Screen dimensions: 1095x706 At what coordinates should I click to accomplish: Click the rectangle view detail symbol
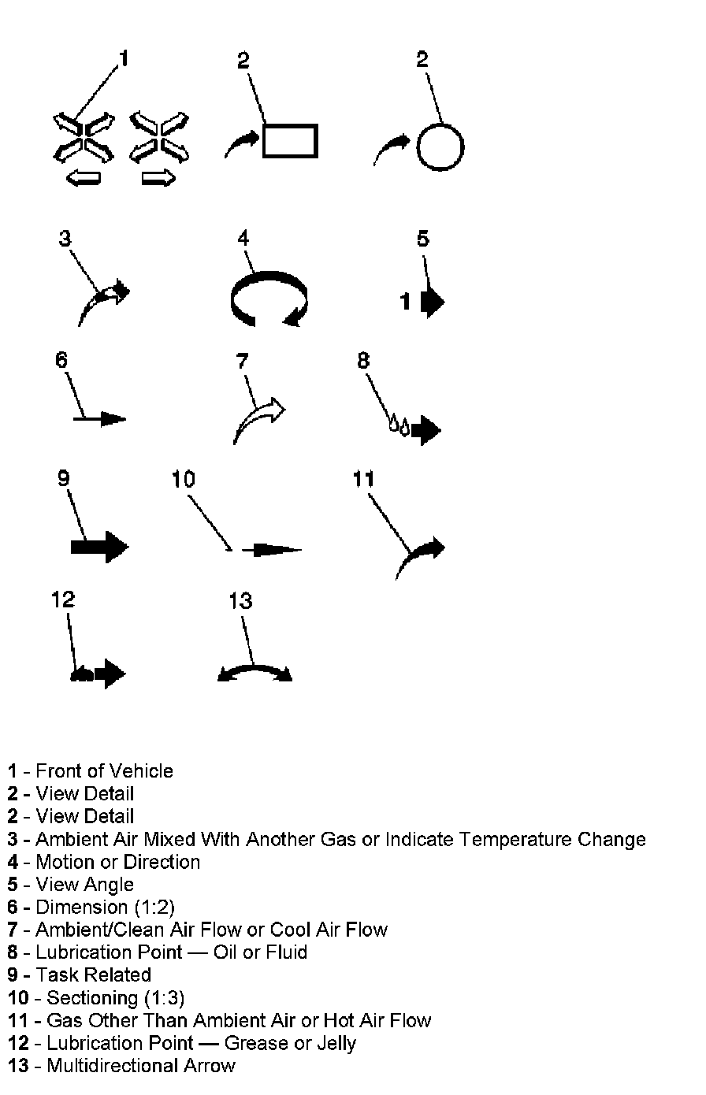pyautogui.click(x=289, y=141)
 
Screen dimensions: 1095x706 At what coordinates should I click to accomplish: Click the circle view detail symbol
pyautogui.click(x=440, y=147)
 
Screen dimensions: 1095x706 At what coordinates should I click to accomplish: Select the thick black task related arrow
pyautogui.click(x=99, y=546)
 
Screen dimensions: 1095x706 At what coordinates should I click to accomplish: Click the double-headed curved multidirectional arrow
pyautogui.click(x=255, y=672)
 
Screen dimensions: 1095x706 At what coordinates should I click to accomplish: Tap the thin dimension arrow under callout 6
pyautogui.click(x=100, y=418)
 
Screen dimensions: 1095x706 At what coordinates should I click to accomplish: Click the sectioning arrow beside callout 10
pyautogui.click(x=273, y=550)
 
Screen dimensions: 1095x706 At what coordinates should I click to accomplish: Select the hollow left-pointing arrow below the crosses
pyautogui.click(x=83, y=180)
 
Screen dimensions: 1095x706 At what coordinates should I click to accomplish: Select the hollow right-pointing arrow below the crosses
pyautogui.click(x=158, y=180)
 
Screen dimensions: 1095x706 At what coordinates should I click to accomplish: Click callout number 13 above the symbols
pyautogui.click(x=240, y=601)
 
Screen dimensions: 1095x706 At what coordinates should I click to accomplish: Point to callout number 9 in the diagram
pyautogui.click(x=64, y=478)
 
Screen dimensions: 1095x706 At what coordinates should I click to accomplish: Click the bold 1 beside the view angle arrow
pyautogui.click(x=406, y=301)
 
